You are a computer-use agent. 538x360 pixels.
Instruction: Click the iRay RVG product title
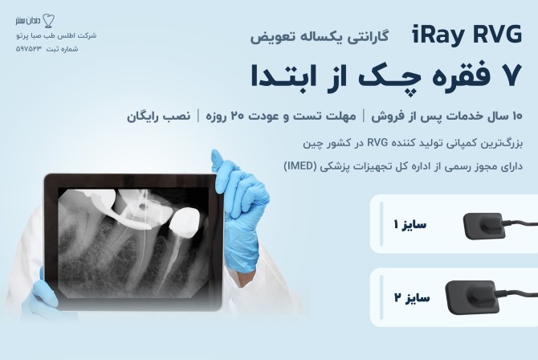(467, 35)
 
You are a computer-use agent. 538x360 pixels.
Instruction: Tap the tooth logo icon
(48, 21)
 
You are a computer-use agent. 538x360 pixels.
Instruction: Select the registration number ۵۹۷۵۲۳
(28, 49)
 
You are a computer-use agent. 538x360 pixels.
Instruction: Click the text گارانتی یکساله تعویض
(320, 36)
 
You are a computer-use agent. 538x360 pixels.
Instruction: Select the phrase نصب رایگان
(158, 116)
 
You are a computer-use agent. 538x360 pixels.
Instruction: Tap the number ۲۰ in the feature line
(237, 116)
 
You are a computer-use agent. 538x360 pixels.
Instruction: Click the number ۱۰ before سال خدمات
(517, 116)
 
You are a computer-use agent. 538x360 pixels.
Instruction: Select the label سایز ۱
(410, 225)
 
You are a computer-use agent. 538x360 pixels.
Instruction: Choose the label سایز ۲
(412, 297)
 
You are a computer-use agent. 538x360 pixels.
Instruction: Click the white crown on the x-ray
(185, 223)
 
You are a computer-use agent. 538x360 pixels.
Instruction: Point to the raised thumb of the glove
(218, 161)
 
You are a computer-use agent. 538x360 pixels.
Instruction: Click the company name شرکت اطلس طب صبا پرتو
(56, 35)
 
